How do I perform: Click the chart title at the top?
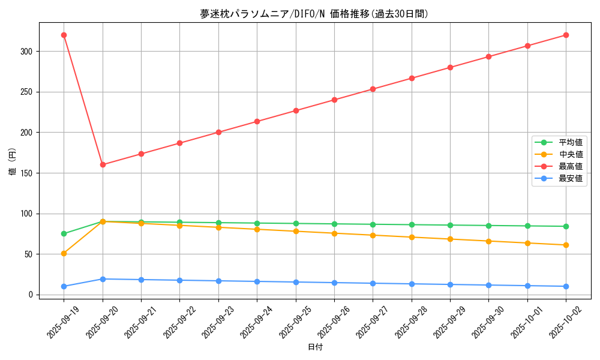[x=314, y=14]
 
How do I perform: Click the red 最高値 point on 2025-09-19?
[x=64, y=35]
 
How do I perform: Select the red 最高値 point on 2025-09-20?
[x=103, y=164]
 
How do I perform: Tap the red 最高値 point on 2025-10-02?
[x=566, y=35]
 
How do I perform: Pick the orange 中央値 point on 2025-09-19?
[x=64, y=253]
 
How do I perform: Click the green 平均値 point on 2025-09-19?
[x=64, y=233]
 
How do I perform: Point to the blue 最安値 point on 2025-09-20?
[x=103, y=279]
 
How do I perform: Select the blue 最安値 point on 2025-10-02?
[x=566, y=286]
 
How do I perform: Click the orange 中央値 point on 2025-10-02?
[x=566, y=245]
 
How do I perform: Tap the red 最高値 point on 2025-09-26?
[x=334, y=100]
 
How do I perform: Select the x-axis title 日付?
[x=315, y=347]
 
